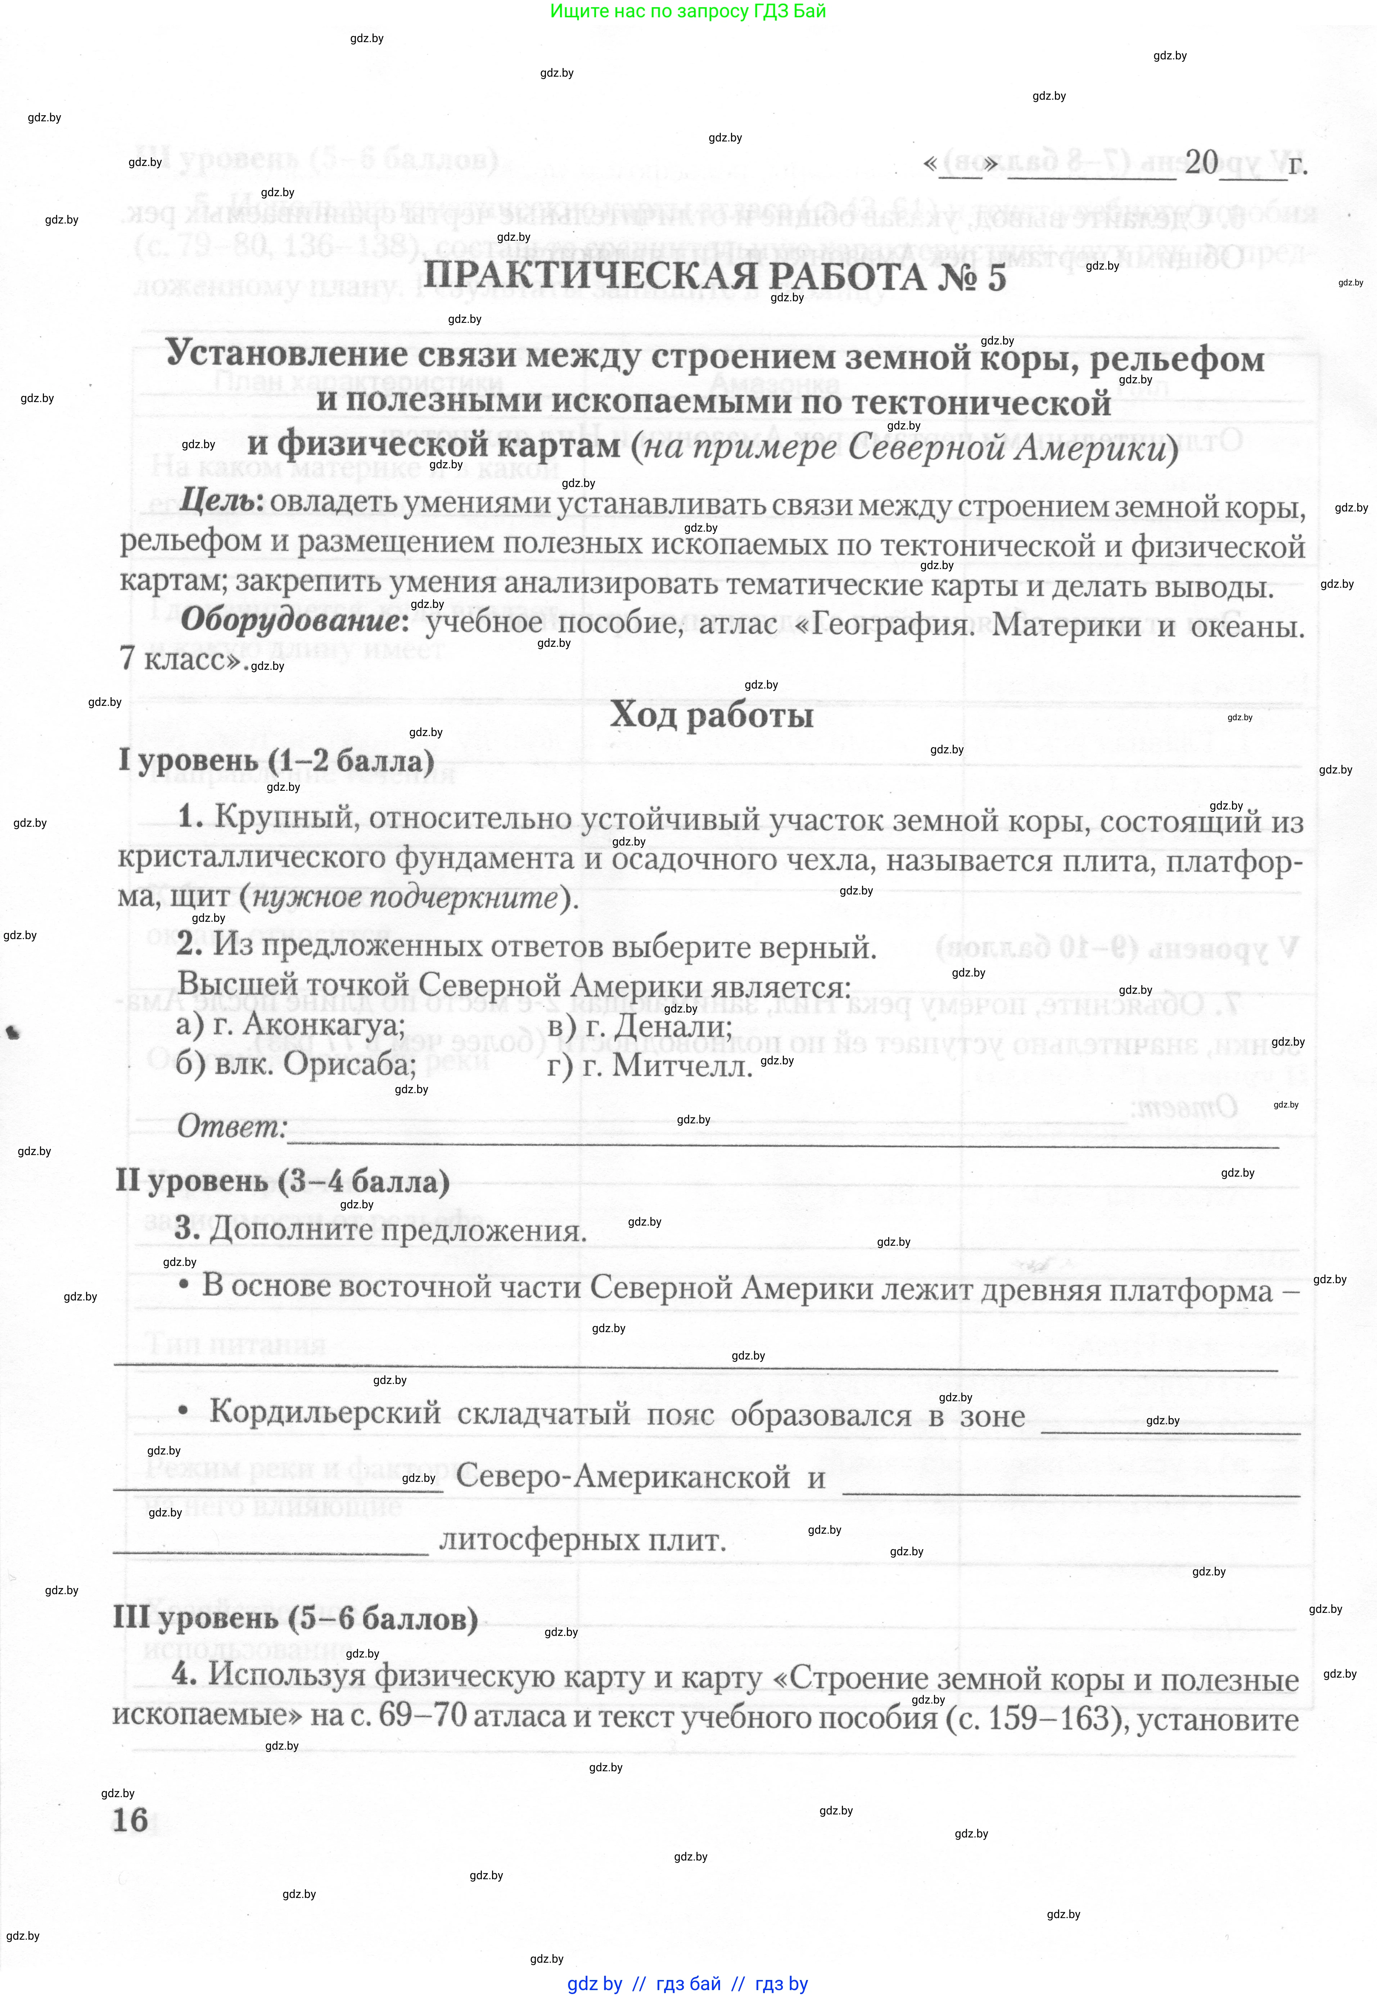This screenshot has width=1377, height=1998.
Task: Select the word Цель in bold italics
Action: (x=220, y=500)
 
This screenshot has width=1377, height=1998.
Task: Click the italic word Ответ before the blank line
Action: (x=231, y=1126)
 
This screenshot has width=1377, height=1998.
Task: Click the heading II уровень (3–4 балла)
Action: (x=283, y=1181)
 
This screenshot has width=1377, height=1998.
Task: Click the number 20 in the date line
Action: (x=1201, y=161)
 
